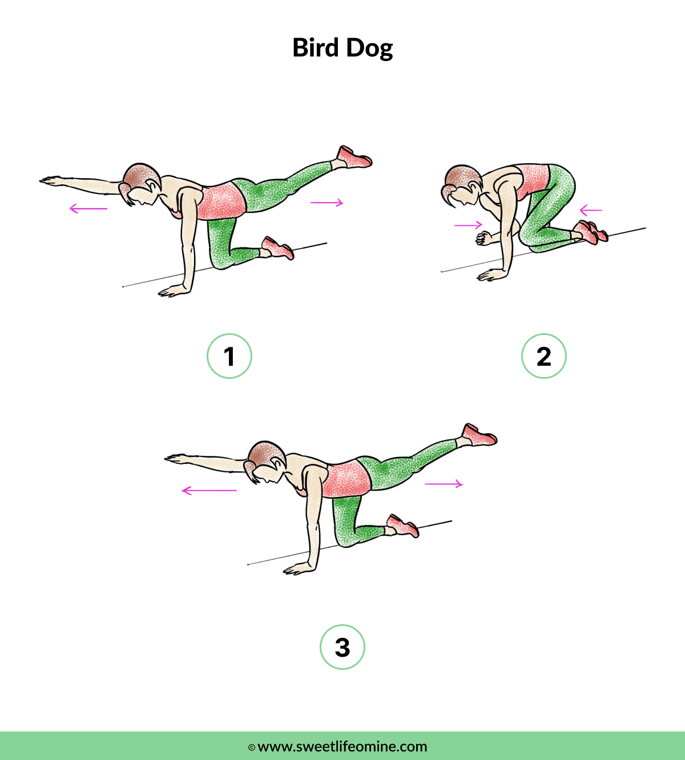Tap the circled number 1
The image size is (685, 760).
coord(229,356)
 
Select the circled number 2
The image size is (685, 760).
coord(544,356)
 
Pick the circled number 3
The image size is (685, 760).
coord(342,647)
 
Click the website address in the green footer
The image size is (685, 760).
coord(342,746)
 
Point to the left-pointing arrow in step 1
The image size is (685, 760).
coord(88,209)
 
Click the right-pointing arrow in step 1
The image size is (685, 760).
coord(327,202)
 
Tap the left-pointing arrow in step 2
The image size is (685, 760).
coord(591,211)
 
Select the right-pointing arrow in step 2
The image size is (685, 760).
coord(468,225)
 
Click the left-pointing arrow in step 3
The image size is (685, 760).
coord(209,490)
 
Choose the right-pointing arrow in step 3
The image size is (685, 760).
coord(444,484)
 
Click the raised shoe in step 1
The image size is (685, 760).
coord(354,157)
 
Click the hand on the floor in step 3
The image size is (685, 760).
coord(298,569)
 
